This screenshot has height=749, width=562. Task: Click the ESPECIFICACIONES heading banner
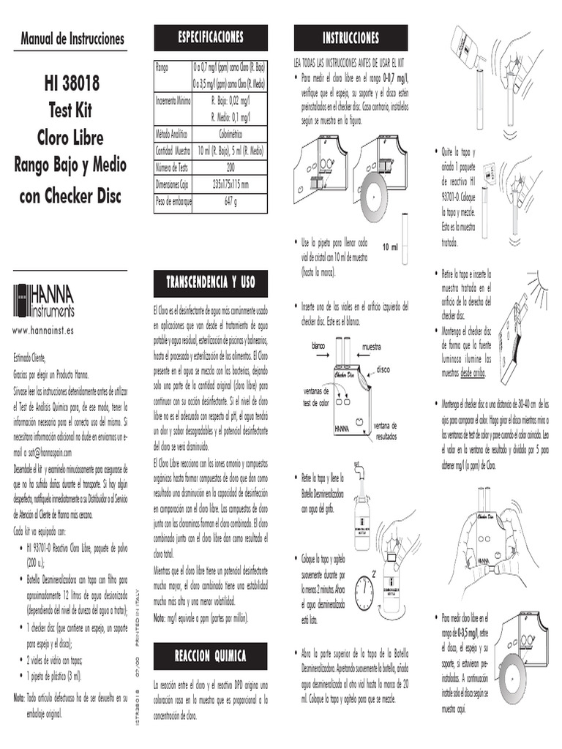[211, 37]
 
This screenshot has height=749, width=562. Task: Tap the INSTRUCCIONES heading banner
[351, 38]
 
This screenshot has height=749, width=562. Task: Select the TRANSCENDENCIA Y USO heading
[210, 282]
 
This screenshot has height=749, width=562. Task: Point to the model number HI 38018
[71, 85]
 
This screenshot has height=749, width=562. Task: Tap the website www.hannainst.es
[43, 331]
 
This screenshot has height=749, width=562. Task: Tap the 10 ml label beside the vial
[390, 247]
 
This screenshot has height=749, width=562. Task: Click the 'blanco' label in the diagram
[318, 345]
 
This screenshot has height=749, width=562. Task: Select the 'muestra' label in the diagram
[372, 345]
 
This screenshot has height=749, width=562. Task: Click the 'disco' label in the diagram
[384, 370]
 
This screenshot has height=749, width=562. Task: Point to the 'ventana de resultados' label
[385, 430]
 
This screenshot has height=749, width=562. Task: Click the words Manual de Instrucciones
[72, 39]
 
